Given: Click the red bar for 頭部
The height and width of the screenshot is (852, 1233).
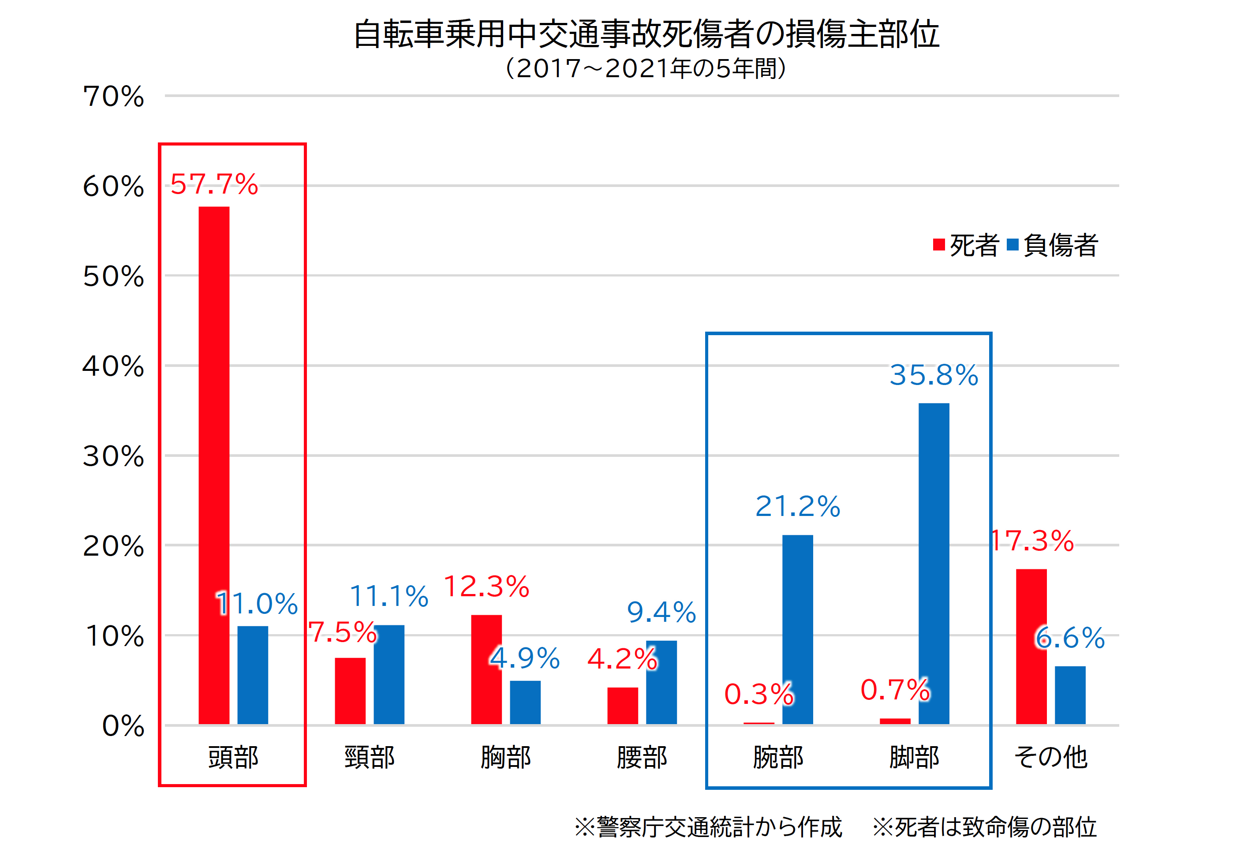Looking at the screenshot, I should tap(214, 464).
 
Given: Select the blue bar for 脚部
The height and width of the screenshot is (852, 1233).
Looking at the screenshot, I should tap(934, 563).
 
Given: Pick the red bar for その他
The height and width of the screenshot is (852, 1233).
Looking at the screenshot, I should tap(1031, 646).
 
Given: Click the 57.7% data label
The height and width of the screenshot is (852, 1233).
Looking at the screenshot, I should tap(214, 184).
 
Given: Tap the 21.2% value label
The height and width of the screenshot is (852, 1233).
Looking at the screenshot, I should tap(797, 506).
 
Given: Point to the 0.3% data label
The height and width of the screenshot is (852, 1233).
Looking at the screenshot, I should tap(758, 694).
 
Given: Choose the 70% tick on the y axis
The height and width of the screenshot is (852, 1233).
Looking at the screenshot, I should tap(114, 97).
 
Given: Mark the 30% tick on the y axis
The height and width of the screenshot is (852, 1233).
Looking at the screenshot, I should tap(114, 456).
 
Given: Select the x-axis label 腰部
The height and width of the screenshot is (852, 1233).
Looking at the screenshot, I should tap(642, 757).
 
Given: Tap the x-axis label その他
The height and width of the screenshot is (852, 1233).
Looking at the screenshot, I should tap(1050, 757).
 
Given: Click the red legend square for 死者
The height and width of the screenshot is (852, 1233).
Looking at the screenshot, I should tap(939, 245).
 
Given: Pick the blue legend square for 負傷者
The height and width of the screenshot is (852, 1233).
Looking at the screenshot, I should tap(1013, 245).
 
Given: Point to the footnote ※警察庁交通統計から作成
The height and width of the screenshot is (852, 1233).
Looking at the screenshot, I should tap(708, 827).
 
